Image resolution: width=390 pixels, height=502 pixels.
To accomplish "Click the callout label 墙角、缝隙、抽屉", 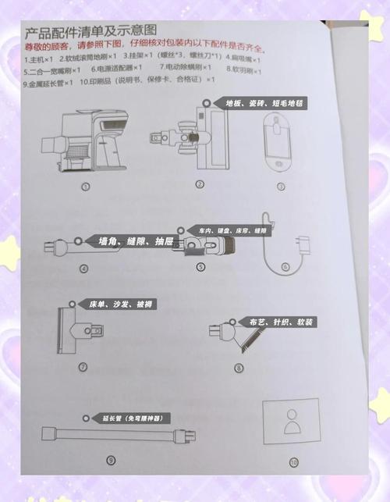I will click(x=130, y=242).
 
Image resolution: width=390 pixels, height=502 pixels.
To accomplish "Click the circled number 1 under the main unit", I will click(x=85, y=186).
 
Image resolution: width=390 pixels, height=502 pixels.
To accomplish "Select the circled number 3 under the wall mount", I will click(x=281, y=186).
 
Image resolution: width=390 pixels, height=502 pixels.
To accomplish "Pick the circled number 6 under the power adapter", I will click(x=285, y=267).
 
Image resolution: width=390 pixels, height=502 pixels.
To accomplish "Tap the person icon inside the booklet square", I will click(x=291, y=422).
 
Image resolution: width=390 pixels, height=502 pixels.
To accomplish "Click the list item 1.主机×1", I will click(x=38, y=59).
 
